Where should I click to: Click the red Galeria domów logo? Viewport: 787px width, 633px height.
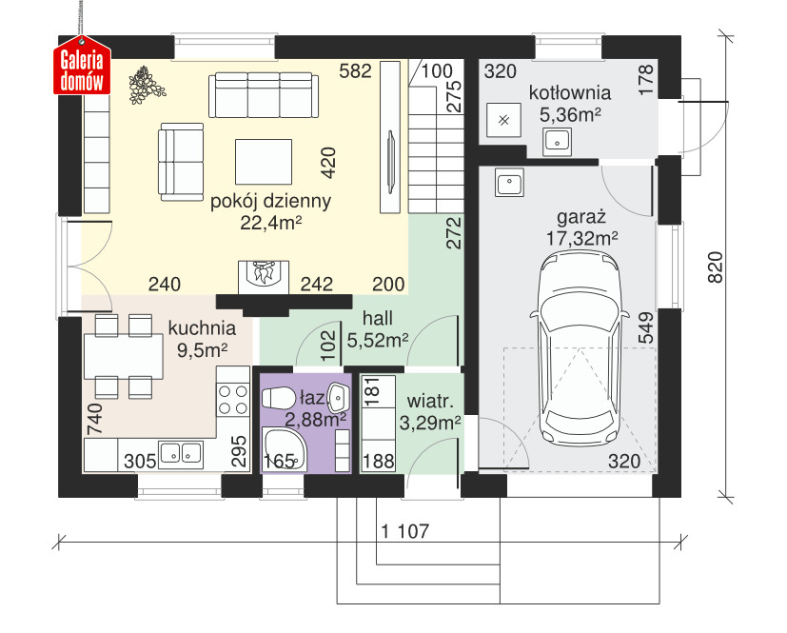tap(82, 66)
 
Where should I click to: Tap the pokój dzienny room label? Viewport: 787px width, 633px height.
tap(270, 201)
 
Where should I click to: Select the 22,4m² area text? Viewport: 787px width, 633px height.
tap(270, 223)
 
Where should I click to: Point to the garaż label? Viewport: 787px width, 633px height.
tap(581, 217)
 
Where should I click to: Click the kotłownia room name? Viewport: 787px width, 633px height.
tap(570, 93)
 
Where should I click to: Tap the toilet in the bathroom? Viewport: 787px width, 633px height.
tap(279, 399)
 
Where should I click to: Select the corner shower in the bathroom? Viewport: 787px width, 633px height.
tap(283, 449)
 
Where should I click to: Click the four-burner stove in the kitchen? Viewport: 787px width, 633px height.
tap(233, 399)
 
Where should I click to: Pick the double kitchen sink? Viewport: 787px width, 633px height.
tap(181, 455)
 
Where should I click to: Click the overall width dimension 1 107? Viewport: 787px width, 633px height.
tap(405, 530)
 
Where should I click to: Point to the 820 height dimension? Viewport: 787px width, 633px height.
tap(716, 267)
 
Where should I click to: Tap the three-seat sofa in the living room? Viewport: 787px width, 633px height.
tap(264, 95)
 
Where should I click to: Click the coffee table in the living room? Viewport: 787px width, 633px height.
tap(264, 162)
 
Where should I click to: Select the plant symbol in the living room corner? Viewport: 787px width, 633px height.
tap(146, 85)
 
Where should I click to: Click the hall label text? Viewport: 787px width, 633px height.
tap(378, 318)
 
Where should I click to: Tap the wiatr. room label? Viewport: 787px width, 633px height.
tap(430, 402)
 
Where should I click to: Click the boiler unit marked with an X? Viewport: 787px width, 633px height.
tap(504, 121)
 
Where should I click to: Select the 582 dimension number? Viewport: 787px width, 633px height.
tap(355, 71)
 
